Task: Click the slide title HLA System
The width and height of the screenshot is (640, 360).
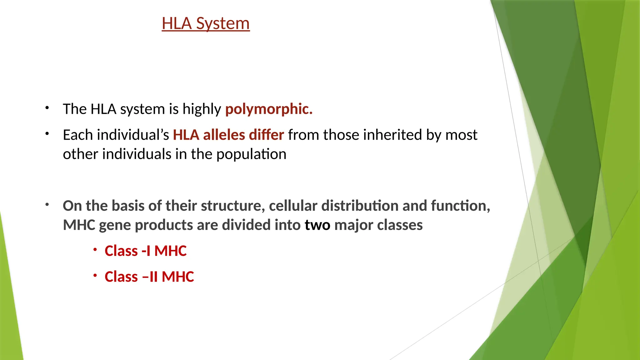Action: (206, 24)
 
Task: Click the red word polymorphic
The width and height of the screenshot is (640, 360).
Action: (269, 109)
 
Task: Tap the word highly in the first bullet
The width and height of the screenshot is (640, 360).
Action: (202, 109)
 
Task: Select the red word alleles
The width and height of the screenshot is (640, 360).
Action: (224, 135)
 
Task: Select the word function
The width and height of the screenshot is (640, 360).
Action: (460, 206)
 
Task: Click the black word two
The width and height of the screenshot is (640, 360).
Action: (317, 225)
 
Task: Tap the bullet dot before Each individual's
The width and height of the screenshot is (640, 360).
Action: (47, 134)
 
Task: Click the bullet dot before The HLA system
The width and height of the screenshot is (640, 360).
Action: (47, 108)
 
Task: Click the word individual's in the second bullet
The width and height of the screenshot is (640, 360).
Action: (133, 135)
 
